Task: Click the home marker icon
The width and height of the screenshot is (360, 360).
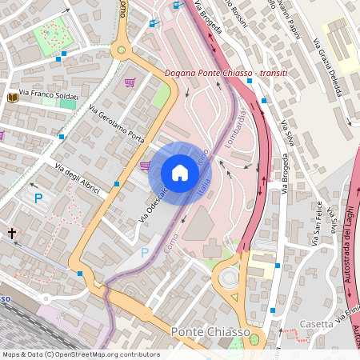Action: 180,173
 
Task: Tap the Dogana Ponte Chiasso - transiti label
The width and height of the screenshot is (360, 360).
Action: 226,74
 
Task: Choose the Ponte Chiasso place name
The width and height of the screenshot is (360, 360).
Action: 210,331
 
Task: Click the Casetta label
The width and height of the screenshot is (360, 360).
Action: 315,324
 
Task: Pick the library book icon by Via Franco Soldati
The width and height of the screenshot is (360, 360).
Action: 12,98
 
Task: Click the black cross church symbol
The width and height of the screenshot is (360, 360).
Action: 12,233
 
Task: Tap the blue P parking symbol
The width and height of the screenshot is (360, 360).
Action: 37,197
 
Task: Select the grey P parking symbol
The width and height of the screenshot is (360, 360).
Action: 145,252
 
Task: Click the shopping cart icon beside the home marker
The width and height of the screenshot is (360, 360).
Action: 145,166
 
